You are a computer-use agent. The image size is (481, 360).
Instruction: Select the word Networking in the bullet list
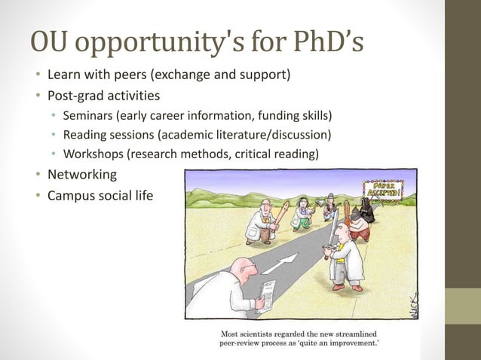tap(82, 175)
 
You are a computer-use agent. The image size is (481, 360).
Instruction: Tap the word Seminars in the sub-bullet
tap(87, 115)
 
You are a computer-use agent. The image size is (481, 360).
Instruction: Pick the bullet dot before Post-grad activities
tap(35, 96)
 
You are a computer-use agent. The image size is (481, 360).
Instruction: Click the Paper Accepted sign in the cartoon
tap(382, 190)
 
